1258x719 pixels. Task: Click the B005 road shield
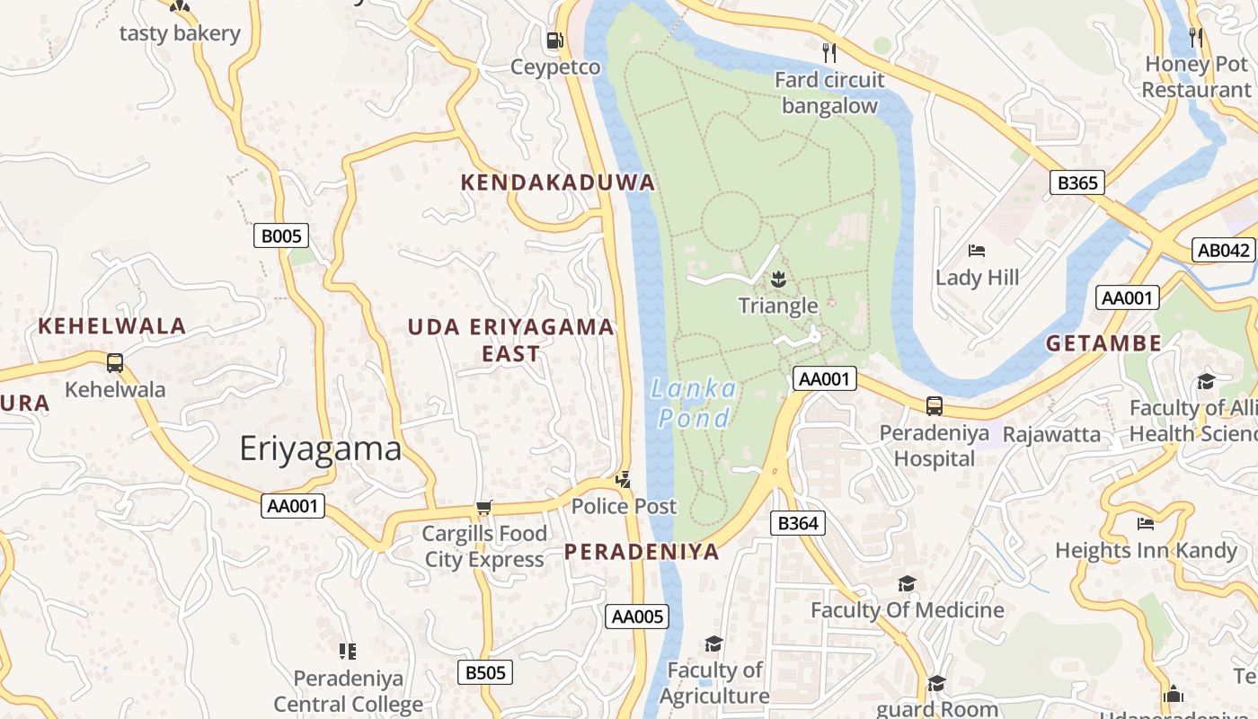point(281,236)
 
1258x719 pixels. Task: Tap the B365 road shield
point(1076,182)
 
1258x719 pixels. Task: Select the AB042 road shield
point(1224,250)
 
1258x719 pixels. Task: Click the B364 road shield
point(798,523)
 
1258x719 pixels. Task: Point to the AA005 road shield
point(637,616)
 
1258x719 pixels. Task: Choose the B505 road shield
point(485,672)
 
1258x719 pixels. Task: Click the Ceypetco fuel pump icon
point(554,40)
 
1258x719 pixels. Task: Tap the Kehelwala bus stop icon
point(115,363)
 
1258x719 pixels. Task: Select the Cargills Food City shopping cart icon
point(483,508)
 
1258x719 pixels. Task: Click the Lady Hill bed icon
point(977,250)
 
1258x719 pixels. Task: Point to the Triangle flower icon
point(778,280)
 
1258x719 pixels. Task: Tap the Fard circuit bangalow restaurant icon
point(829,53)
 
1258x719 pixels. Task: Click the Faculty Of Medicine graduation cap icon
point(907,583)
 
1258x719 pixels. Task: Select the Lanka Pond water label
point(694,403)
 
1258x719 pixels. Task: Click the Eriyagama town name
point(320,448)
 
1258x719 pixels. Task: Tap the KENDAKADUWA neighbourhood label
point(557,182)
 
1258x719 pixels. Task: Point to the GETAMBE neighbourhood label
point(1103,342)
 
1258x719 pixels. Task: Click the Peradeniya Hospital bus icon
point(935,405)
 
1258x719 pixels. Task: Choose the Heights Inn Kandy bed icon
point(1146,523)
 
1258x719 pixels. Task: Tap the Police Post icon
point(623,480)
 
